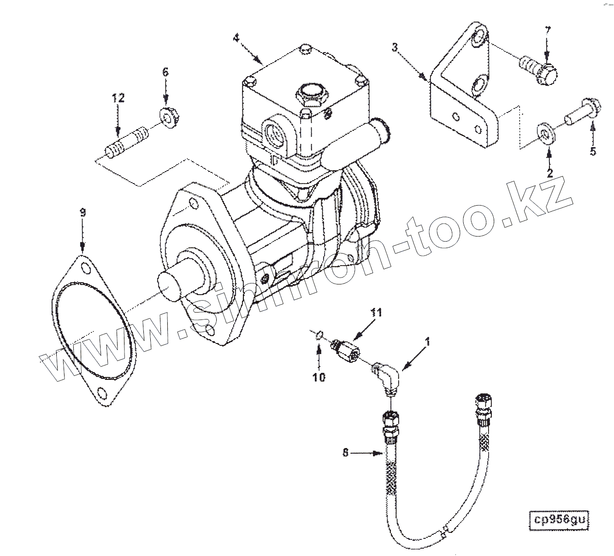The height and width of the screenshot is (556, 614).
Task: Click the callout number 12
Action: pyautogui.click(x=118, y=98)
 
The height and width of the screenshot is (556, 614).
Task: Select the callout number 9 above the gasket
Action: pyautogui.click(x=83, y=213)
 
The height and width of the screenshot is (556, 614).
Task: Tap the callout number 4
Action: pyautogui.click(x=236, y=38)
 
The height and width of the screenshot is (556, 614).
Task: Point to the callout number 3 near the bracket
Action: pyautogui.click(x=395, y=47)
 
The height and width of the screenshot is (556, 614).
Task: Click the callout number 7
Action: pyautogui.click(x=548, y=31)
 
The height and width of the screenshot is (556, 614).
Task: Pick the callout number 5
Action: pyautogui.click(x=593, y=151)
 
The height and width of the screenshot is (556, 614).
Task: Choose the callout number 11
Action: pyautogui.click(x=377, y=313)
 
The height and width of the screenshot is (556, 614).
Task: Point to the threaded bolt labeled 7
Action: pyautogui.click(x=537, y=68)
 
